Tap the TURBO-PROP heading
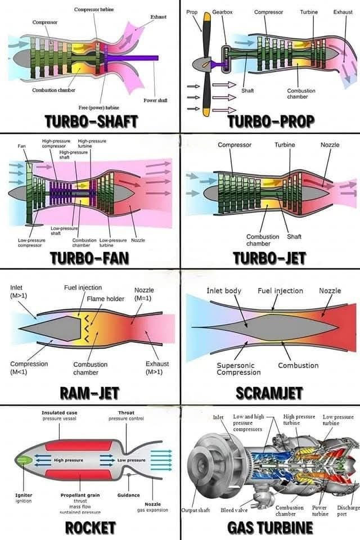(x=271, y=122)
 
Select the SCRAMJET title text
(x=269, y=392)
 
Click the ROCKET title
(x=91, y=528)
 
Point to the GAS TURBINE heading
(x=270, y=528)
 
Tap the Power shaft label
(x=155, y=100)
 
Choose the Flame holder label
(x=107, y=299)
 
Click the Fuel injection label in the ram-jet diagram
(x=83, y=287)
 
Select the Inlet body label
(x=224, y=291)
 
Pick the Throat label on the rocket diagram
(x=126, y=413)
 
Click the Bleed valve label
(x=234, y=510)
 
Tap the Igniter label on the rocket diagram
(x=24, y=495)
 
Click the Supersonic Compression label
(x=235, y=368)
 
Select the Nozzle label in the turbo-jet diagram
(x=330, y=145)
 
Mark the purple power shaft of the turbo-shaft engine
(x=135, y=57)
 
